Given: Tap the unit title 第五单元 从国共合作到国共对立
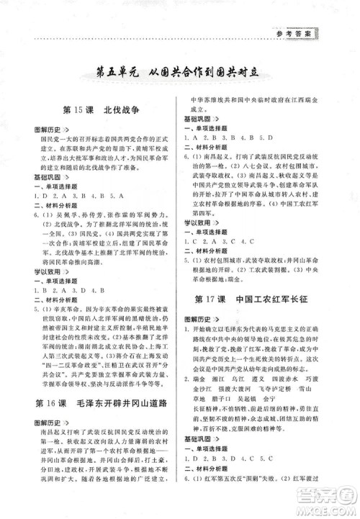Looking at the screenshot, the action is click(180, 73).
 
